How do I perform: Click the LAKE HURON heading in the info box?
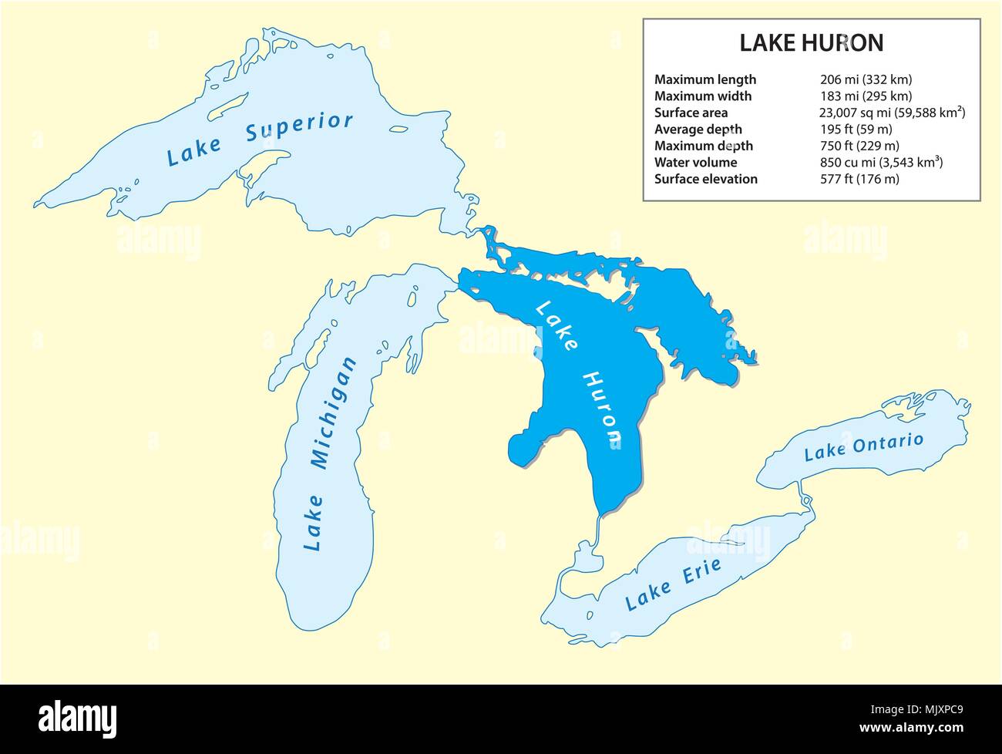[x=811, y=43]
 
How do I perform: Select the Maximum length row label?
[x=704, y=79]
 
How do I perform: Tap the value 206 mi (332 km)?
[x=866, y=79]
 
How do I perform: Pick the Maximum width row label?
[x=702, y=96]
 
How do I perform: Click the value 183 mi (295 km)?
[x=866, y=96]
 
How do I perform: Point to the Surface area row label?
[x=691, y=113]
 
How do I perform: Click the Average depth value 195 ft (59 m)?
[x=856, y=130]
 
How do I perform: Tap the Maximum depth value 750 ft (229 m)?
[x=859, y=146]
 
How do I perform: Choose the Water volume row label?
[x=695, y=162]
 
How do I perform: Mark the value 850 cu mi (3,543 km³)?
[x=882, y=163]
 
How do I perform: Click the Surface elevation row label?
[x=705, y=179]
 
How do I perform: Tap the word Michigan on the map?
[x=333, y=413]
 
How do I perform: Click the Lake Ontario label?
[x=863, y=446]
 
